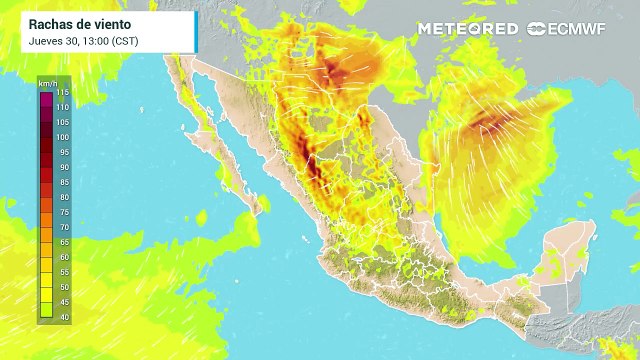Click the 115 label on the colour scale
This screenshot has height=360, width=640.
click(62, 92)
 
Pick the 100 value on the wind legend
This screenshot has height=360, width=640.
click(62, 137)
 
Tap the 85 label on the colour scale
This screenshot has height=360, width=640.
click(62, 182)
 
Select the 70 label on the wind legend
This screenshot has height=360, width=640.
click(62, 227)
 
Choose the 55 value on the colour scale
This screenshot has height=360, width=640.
click(62, 272)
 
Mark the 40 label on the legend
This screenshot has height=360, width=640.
click(62, 317)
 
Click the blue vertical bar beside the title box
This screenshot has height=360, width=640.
click(195, 32)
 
